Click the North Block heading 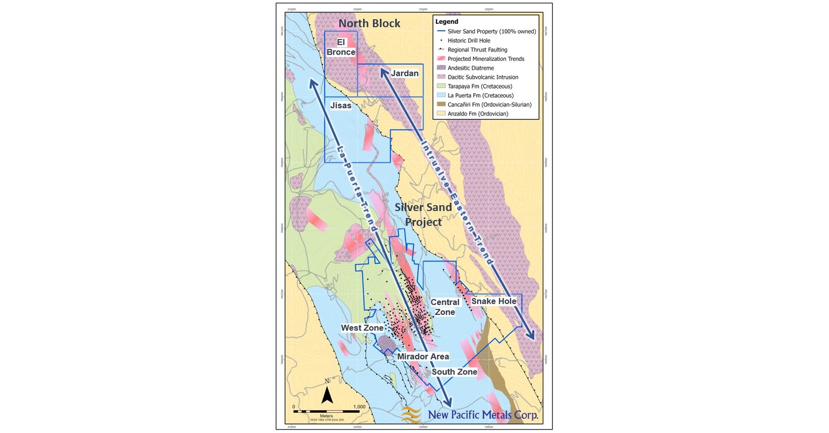(x=369, y=23)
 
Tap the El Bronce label (x=340, y=48)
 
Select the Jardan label (x=405, y=73)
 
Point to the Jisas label (x=341, y=105)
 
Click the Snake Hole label (x=494, y=301)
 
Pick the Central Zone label (x=444, y=307)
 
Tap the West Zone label (x=362, y=328)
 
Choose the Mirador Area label (x=423, y=356)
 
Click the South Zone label (x=454, y=372)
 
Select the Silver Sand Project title (x=423, y=214)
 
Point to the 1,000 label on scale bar (x=359, y=407)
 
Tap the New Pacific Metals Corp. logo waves (x=411, y=415)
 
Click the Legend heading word (x=446, y=22)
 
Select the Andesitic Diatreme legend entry (x=471, y=68)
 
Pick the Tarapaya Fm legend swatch (x=441, y=86)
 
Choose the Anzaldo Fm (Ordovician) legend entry (x=478, y=113)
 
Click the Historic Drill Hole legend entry (x=469, y=41)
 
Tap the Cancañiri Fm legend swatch (x=441, y=105)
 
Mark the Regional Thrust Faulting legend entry (x=477, y=50)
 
